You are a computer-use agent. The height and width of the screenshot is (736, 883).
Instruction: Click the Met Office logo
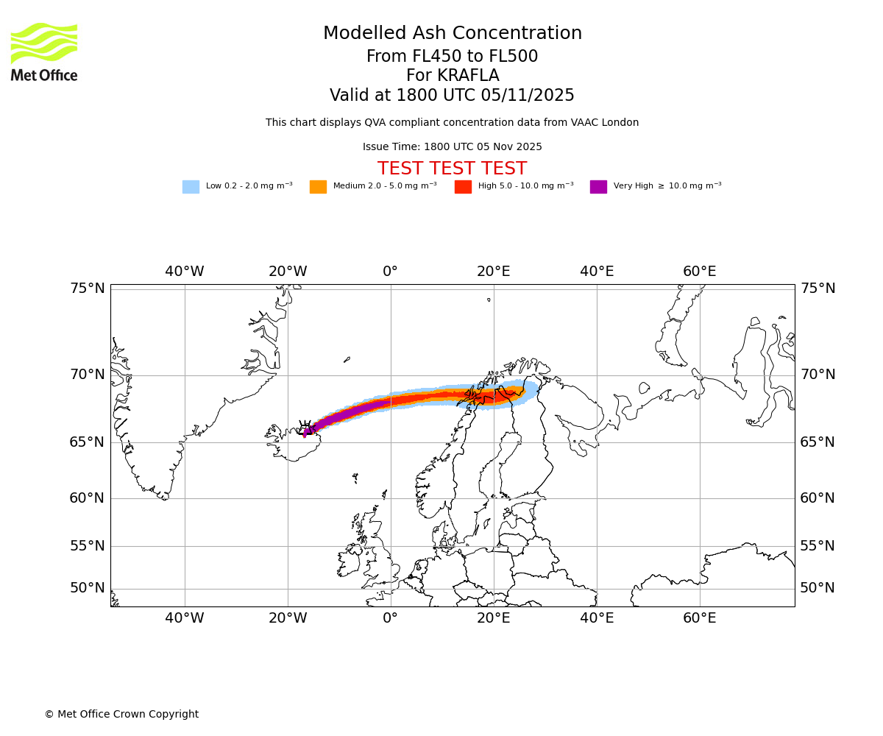44,52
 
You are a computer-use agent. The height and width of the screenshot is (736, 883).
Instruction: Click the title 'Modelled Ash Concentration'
453,34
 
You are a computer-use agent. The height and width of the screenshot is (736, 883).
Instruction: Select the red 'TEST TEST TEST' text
452,169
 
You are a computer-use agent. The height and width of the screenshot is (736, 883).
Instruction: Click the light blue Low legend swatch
191,187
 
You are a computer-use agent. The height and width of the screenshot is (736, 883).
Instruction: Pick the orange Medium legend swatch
318,187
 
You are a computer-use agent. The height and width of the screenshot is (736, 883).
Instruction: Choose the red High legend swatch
463,187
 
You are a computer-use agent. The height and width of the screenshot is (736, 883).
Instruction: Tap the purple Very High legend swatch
598,187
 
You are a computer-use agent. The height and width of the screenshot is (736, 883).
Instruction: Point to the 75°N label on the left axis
88,288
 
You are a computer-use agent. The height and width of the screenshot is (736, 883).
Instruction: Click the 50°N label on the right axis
818,587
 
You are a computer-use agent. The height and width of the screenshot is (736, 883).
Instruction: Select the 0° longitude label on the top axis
390,272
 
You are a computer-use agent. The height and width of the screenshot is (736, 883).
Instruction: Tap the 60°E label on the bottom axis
699,618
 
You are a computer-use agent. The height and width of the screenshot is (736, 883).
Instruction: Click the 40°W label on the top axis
185,272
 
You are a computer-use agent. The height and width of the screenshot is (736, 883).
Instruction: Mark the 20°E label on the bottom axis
493,618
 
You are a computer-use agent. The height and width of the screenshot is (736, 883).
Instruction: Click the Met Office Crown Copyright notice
121,714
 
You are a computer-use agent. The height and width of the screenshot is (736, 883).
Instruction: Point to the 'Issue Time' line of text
452,147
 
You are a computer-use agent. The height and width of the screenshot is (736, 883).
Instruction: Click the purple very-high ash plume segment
346,415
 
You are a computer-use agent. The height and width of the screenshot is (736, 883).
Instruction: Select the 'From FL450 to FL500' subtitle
452,57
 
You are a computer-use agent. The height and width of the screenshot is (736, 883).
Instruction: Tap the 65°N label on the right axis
818,442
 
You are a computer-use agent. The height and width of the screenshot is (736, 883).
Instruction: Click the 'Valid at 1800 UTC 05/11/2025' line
452,96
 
